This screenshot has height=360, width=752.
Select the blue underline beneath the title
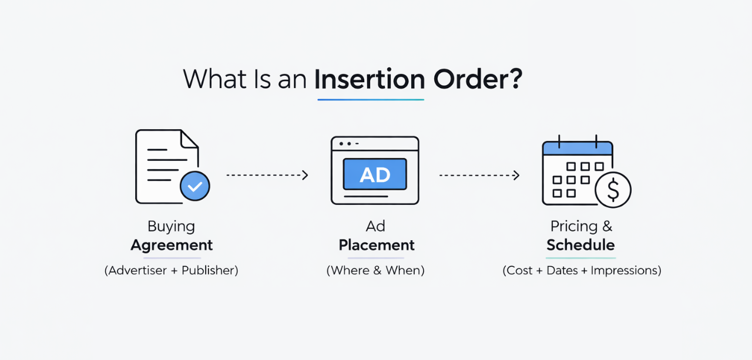[370, 99]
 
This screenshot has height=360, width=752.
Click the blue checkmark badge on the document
[194, 187]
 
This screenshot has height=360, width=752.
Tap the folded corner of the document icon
[189, 140]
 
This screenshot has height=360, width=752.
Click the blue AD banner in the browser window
[375, 174]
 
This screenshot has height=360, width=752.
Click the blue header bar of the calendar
[578, 148]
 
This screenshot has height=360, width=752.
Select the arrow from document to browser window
[267, 175]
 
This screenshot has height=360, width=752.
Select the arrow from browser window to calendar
[479, 175]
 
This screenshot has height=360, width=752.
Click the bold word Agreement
[172, 245]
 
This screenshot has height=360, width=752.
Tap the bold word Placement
[377, 245]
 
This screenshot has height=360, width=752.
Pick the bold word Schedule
[580, 245]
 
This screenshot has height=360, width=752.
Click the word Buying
[171, 226]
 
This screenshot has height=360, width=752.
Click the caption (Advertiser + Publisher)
[171, 271]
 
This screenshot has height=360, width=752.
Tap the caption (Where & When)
[375, 271]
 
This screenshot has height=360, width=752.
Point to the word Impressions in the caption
[626, 271]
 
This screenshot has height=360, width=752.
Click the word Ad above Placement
[375, 226]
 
